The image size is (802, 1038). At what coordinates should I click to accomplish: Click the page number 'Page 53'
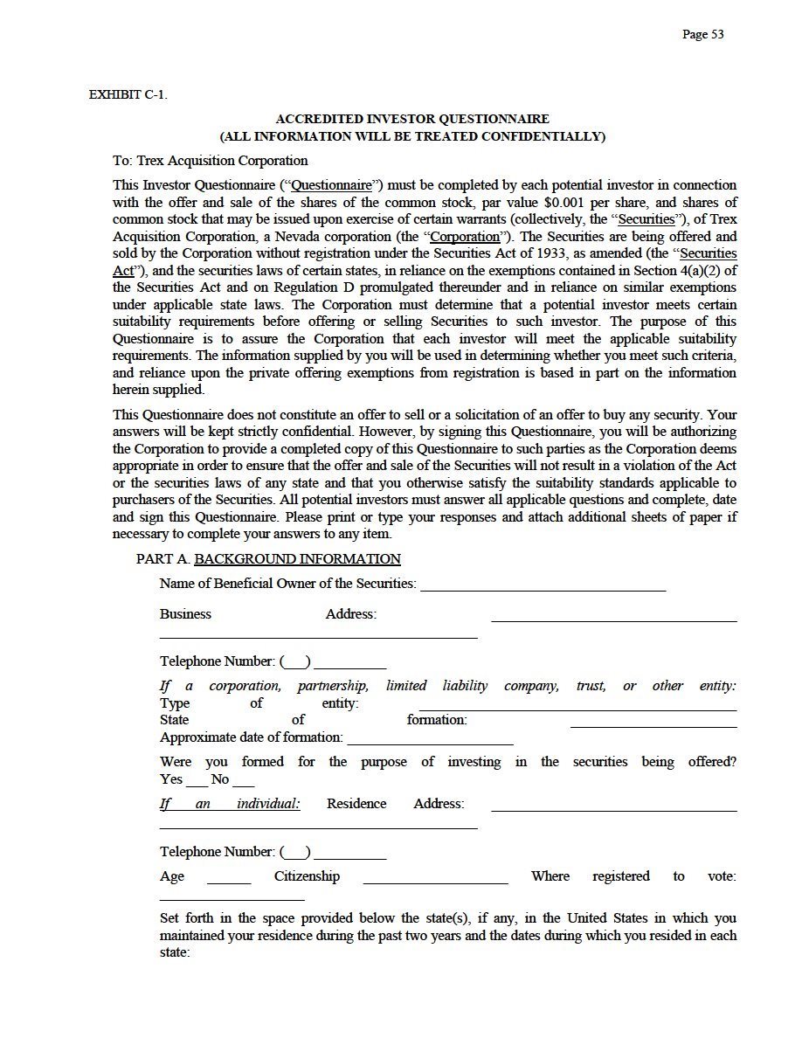[702, 34]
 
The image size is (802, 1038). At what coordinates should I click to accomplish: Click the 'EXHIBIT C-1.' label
[128, 94]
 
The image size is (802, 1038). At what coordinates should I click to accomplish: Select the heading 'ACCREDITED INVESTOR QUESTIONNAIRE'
[412, 119]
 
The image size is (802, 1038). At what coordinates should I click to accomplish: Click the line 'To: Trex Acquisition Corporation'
[210, 161]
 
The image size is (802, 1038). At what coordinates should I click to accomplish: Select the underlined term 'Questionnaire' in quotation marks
[331, 185]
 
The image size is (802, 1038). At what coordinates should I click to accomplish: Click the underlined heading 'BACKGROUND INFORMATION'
[297, 559]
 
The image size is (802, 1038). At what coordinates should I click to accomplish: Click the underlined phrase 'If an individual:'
[230, 804]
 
